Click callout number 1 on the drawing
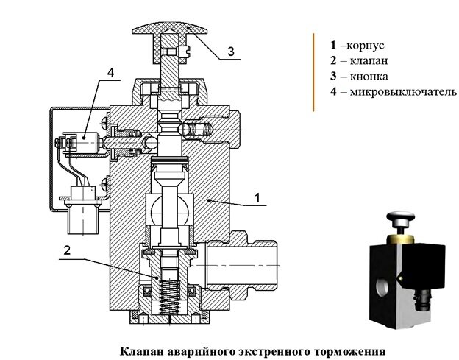pos(257,197)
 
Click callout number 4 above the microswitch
pos(110,73)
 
